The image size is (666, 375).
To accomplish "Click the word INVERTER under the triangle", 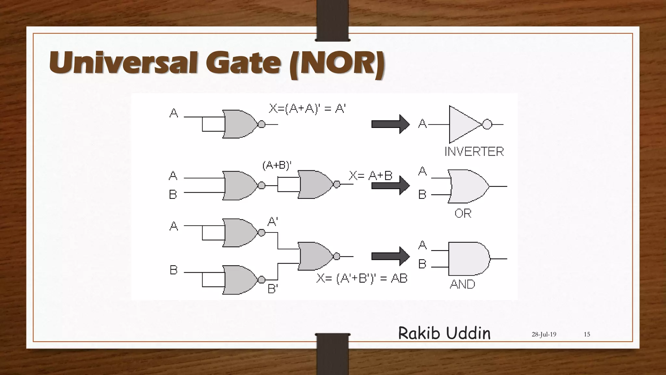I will point(474,152).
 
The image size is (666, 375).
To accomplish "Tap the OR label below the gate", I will point(463,214).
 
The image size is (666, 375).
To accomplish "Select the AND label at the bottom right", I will point(462,285).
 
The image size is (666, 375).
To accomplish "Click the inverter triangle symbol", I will point(463,124).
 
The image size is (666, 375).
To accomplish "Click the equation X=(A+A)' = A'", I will point(307,108).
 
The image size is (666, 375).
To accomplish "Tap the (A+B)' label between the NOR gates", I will point(277,166).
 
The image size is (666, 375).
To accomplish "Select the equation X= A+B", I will point(370,176).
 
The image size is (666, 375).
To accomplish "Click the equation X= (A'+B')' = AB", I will point(362,279).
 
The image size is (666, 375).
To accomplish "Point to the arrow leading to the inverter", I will point(390,124).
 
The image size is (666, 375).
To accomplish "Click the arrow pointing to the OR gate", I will point(390,186).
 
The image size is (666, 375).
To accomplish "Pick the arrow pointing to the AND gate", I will point(390,256).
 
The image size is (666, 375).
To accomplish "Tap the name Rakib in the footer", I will point(419,333).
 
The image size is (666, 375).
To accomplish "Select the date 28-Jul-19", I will point(544,334).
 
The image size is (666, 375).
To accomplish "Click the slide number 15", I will point(587,334).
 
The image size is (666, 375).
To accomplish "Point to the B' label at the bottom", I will point(273,289).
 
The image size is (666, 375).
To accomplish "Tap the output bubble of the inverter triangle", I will point(487,124).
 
